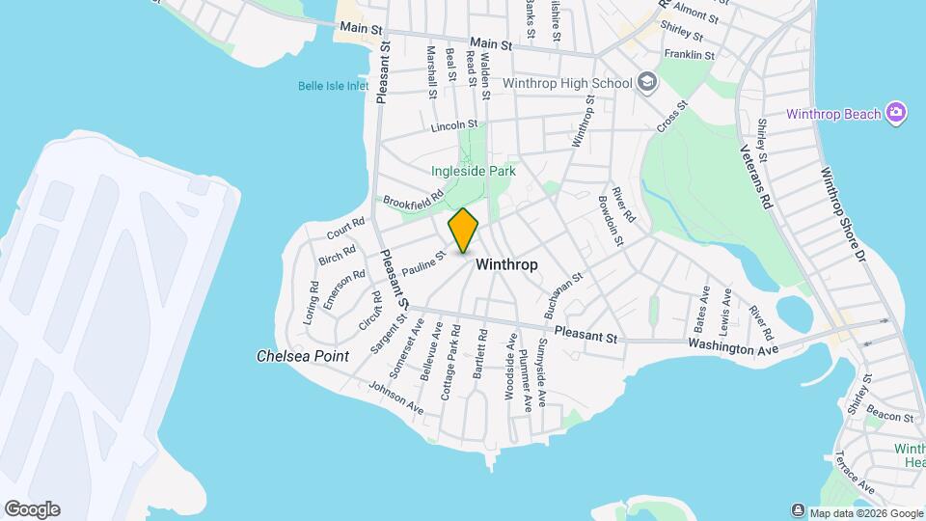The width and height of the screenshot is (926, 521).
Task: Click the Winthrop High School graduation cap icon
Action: (x=646, y=83)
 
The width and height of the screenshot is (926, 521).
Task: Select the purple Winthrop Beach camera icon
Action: (x=897, y=114)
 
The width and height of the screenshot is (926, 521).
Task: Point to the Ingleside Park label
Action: (x=474, y=171)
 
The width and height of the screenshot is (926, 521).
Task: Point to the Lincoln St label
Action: (x=454, y=125)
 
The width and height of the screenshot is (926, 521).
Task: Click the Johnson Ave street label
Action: (x=395, y=398)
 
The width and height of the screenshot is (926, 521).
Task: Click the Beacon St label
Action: (x=888, y=417)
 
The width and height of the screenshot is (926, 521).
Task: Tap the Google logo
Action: (x=32, y=509)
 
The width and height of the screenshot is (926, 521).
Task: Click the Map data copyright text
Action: (x=865, y=512)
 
